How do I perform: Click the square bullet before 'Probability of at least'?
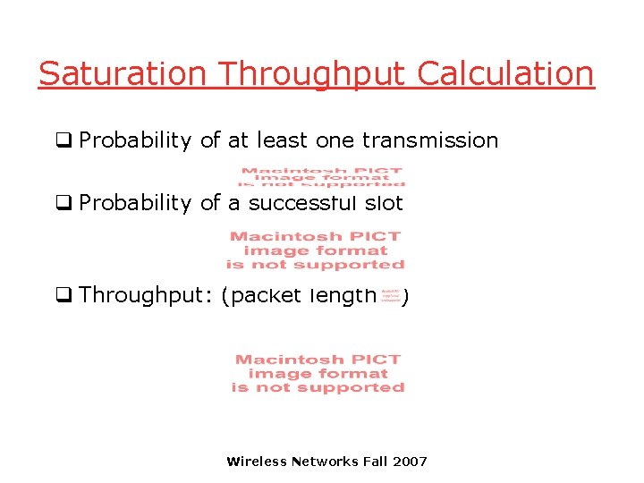[64, 140]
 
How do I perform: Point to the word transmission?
[430, 140]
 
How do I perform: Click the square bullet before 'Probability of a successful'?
[64, 203]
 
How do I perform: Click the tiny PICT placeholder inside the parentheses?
[391, 296]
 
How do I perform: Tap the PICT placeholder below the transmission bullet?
[322, 177]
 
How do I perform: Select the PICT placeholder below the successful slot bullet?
[316, 250]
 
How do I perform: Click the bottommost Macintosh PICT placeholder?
[318, 373]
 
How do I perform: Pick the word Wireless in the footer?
[257, 462]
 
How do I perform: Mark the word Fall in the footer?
[374, 462]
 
